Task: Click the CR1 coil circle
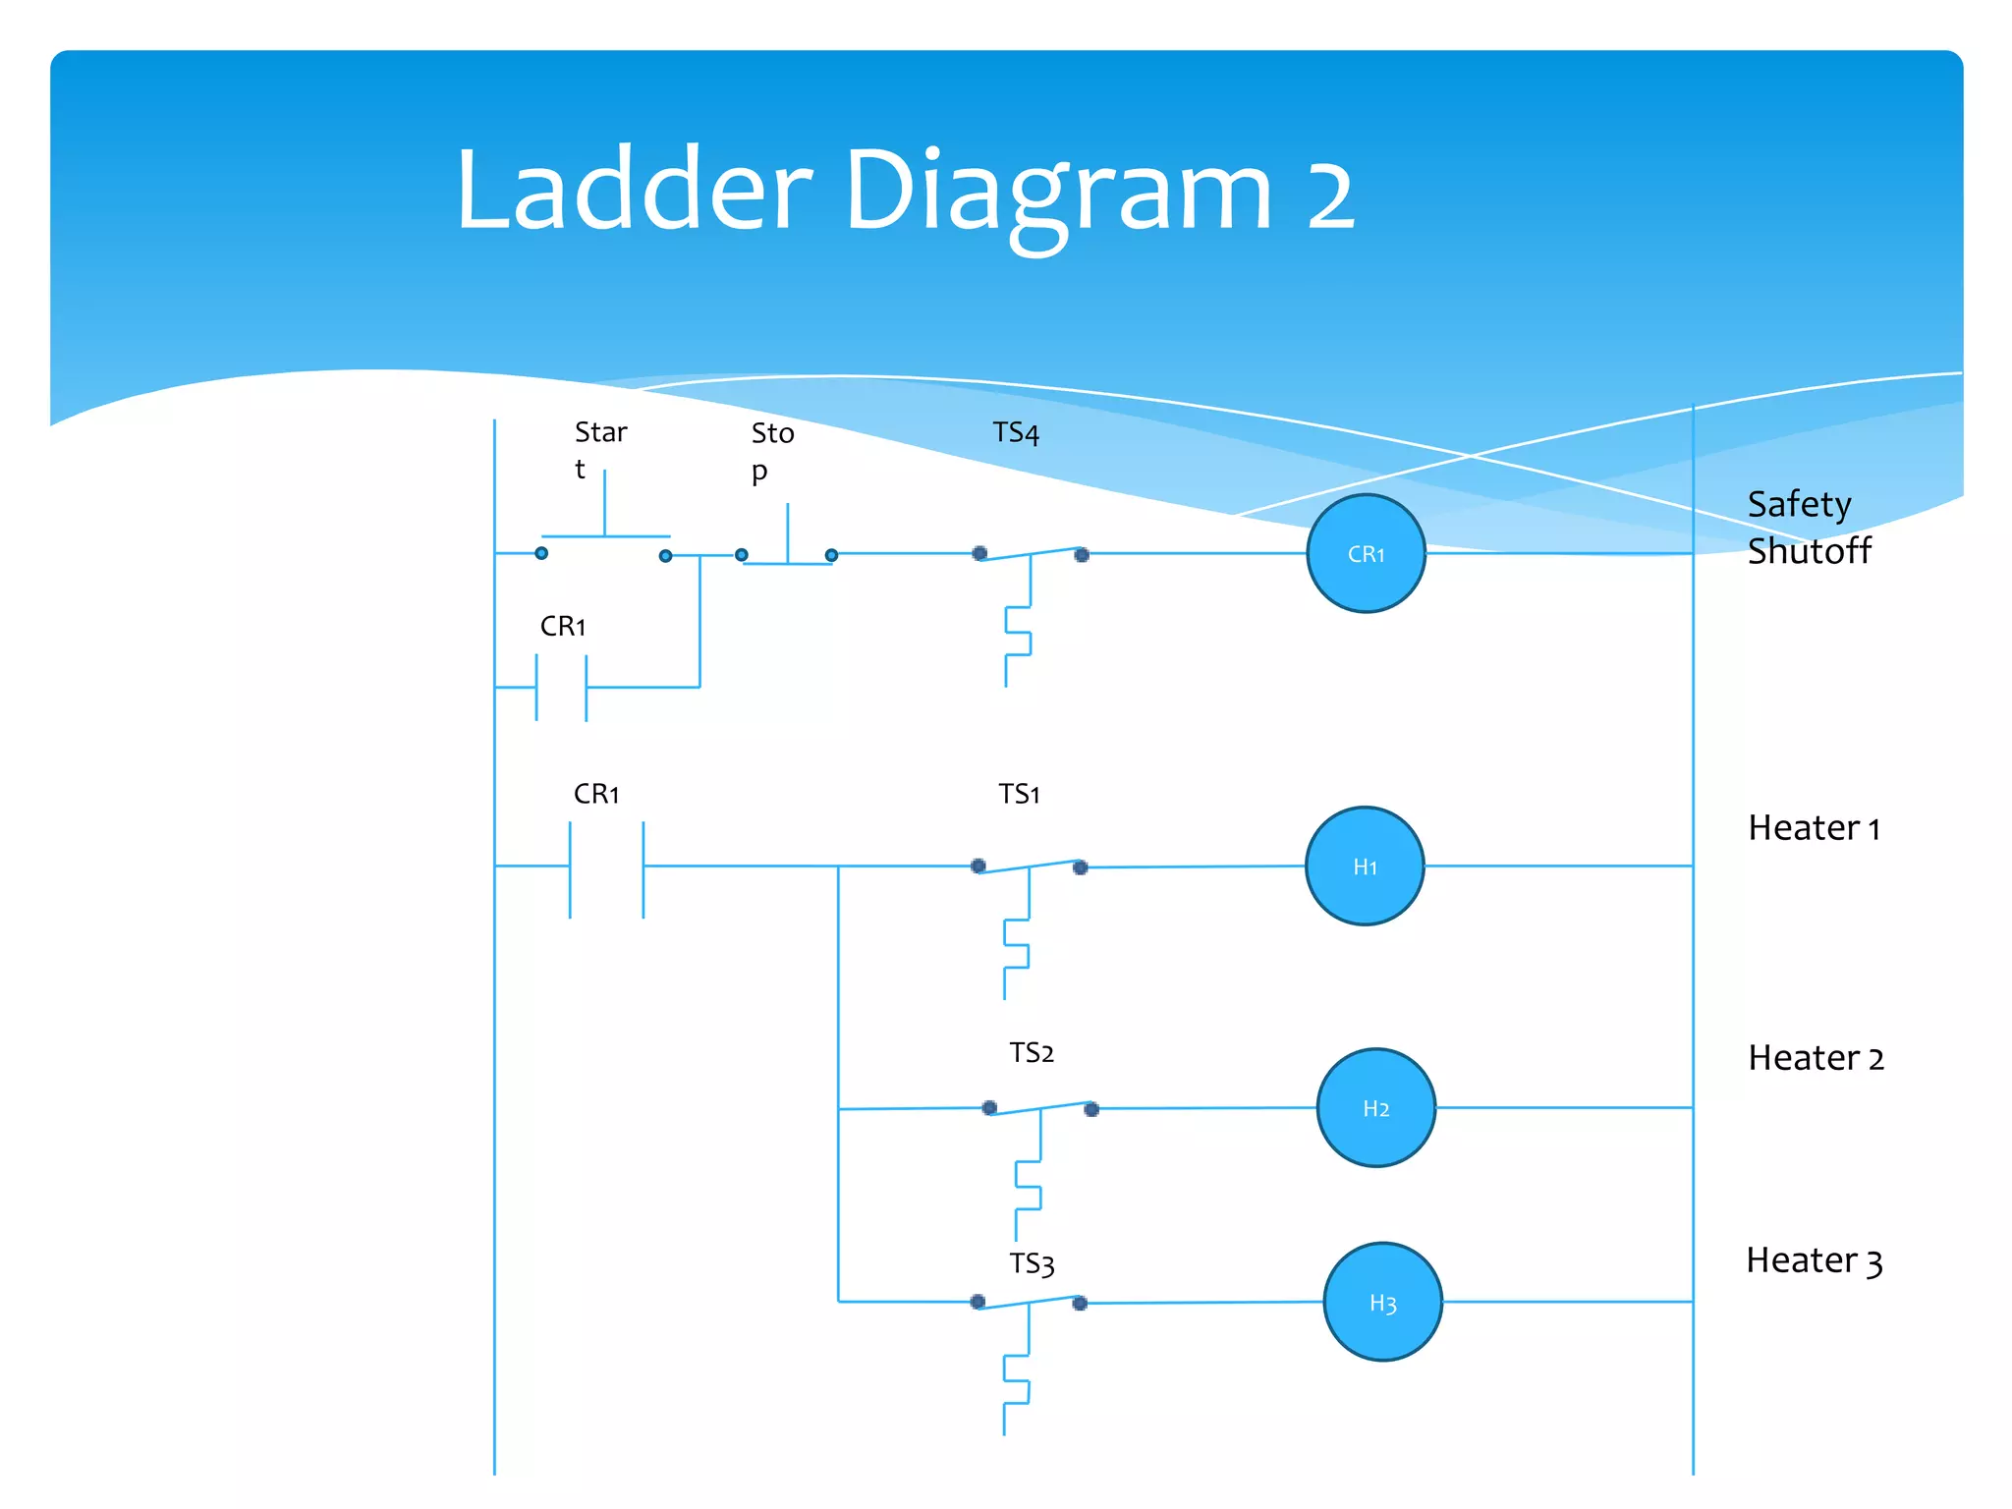1366,554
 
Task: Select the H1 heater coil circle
1365,866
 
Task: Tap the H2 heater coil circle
1375,1108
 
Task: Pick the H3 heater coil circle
1382,1303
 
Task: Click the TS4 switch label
1016,433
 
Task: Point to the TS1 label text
1019,794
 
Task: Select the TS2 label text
1032,1053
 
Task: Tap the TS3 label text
1032,1263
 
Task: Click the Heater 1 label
1814,828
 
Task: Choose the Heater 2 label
1816,1058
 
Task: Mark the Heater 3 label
1814,1260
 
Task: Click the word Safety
1799,505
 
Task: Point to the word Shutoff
1809,551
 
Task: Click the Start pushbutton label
599,449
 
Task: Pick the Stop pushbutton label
772,451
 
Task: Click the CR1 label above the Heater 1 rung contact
596,794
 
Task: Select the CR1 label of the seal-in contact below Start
563,626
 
